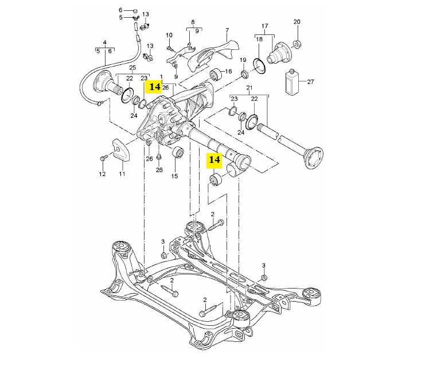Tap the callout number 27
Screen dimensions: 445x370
coord(310,82)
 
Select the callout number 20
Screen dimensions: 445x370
coord(297,22)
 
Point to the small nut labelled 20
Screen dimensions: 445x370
coord(297,44)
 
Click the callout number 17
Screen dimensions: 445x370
coord(264,26)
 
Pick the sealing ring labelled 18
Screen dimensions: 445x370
coord(259,65)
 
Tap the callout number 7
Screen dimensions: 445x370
coord(227,30)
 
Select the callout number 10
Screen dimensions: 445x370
coord(169,35)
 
